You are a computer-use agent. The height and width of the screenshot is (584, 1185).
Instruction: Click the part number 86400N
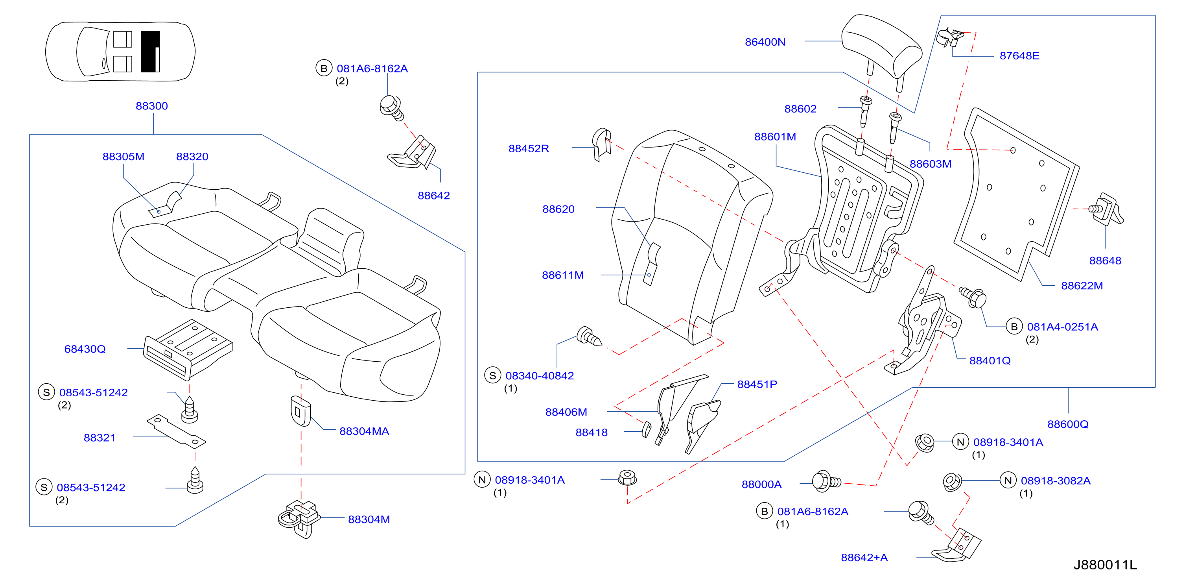click(765, 42)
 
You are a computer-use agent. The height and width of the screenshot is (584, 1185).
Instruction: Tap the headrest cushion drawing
click(881, 48)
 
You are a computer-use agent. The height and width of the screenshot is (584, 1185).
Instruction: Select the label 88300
click(152, 106)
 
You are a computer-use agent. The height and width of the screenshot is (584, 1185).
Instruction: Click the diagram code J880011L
click(1105, 565)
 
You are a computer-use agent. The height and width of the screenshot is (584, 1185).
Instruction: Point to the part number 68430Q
click(85, 349)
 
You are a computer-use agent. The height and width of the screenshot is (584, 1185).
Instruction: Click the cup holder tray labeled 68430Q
click(188, 350)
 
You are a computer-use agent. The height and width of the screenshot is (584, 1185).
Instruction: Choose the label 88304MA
click(364, 431)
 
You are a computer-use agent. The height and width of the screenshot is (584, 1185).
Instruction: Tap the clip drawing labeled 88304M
click(299, 518)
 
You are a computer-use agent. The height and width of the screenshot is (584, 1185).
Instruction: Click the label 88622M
click(1082, 286)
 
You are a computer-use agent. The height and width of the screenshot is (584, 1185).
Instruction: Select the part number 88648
click(1105, 261)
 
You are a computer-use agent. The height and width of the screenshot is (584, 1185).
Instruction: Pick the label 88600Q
click(1068, 424)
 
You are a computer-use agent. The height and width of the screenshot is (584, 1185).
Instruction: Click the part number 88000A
click(761, 484)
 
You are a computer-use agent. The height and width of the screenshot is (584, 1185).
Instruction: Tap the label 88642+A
click(864, 557)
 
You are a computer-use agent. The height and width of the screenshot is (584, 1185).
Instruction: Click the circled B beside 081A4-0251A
click(1014, 326)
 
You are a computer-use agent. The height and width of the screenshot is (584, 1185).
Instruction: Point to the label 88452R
click(529, 148)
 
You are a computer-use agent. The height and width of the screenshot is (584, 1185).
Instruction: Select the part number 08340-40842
click(540, 375)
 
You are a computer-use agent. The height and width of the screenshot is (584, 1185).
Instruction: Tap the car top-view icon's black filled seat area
click(150, 52)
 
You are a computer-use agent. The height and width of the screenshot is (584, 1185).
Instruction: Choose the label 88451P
click(757, 384)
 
